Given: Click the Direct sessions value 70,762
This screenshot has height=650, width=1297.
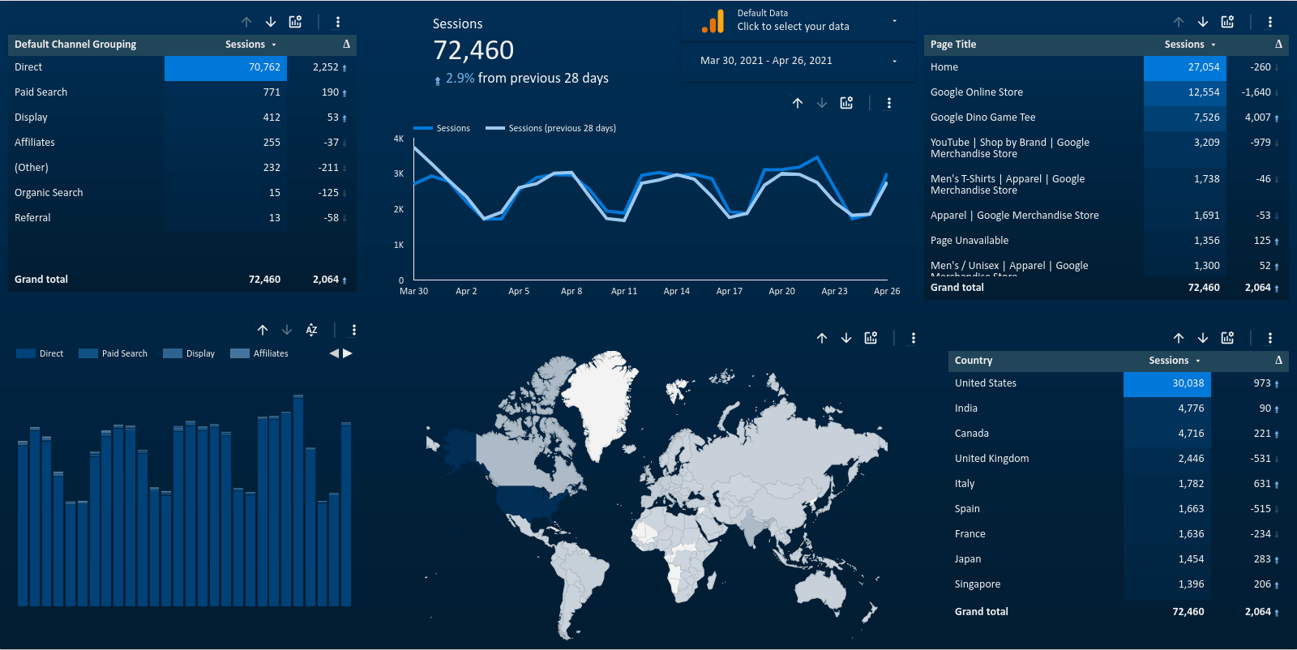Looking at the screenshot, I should [x=264, y=67].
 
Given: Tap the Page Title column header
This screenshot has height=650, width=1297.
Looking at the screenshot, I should [x=953, y=45].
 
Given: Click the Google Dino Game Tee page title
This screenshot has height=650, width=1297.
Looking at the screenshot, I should [x=982, y=118].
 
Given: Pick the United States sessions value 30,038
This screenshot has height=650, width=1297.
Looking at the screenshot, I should [x=1188, y=383].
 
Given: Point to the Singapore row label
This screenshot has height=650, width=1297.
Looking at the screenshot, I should [x=977, y=584].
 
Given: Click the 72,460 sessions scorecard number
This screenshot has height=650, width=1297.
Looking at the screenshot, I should [x=473, y=50].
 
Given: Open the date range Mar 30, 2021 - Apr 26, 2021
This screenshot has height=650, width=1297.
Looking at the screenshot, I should [x=766, y=61].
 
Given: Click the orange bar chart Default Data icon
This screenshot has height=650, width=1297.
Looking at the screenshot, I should [x=713, y=21].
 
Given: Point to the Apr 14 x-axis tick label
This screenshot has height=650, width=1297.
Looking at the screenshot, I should [x=676, y=291].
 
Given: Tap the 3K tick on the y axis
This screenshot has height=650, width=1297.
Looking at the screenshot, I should [x=399, y=173].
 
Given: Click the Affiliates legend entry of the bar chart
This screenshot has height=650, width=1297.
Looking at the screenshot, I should [x=270, y=353].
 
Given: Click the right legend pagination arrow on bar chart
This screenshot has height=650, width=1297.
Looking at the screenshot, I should [x=348, y=353].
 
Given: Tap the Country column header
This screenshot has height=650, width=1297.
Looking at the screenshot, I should [x=973, y=361].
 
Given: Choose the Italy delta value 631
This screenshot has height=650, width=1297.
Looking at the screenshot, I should [x=1261, y=484].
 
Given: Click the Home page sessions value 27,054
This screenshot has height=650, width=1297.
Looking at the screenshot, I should [x=1203, y=67].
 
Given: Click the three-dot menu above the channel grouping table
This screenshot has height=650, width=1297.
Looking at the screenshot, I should [x=338, y=22].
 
